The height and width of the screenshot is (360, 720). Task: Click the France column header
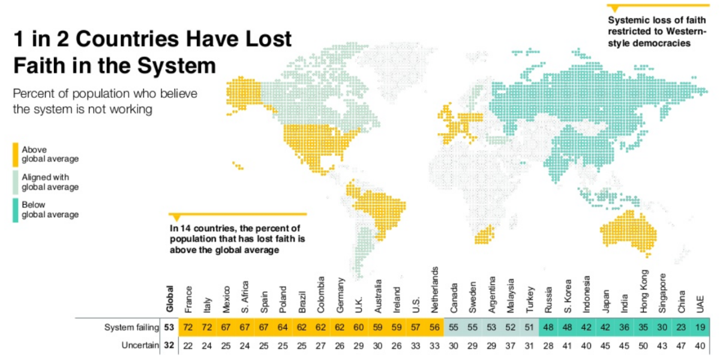click(190, 296)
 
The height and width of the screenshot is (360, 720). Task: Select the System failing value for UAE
click(699, 328)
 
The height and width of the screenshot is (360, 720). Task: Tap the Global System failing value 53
click(169, 328)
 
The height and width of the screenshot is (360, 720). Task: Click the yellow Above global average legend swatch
click(16, 154)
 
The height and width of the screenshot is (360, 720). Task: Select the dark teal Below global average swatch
click(16, 209)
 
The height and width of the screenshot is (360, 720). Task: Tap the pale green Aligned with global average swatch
click(16, 182)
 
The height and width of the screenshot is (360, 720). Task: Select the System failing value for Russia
click(548, 328)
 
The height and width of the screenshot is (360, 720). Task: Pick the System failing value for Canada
click(454, 328)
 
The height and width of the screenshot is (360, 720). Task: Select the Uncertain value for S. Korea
click(567, 346)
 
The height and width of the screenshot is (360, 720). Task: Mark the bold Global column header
click(170, 298)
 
